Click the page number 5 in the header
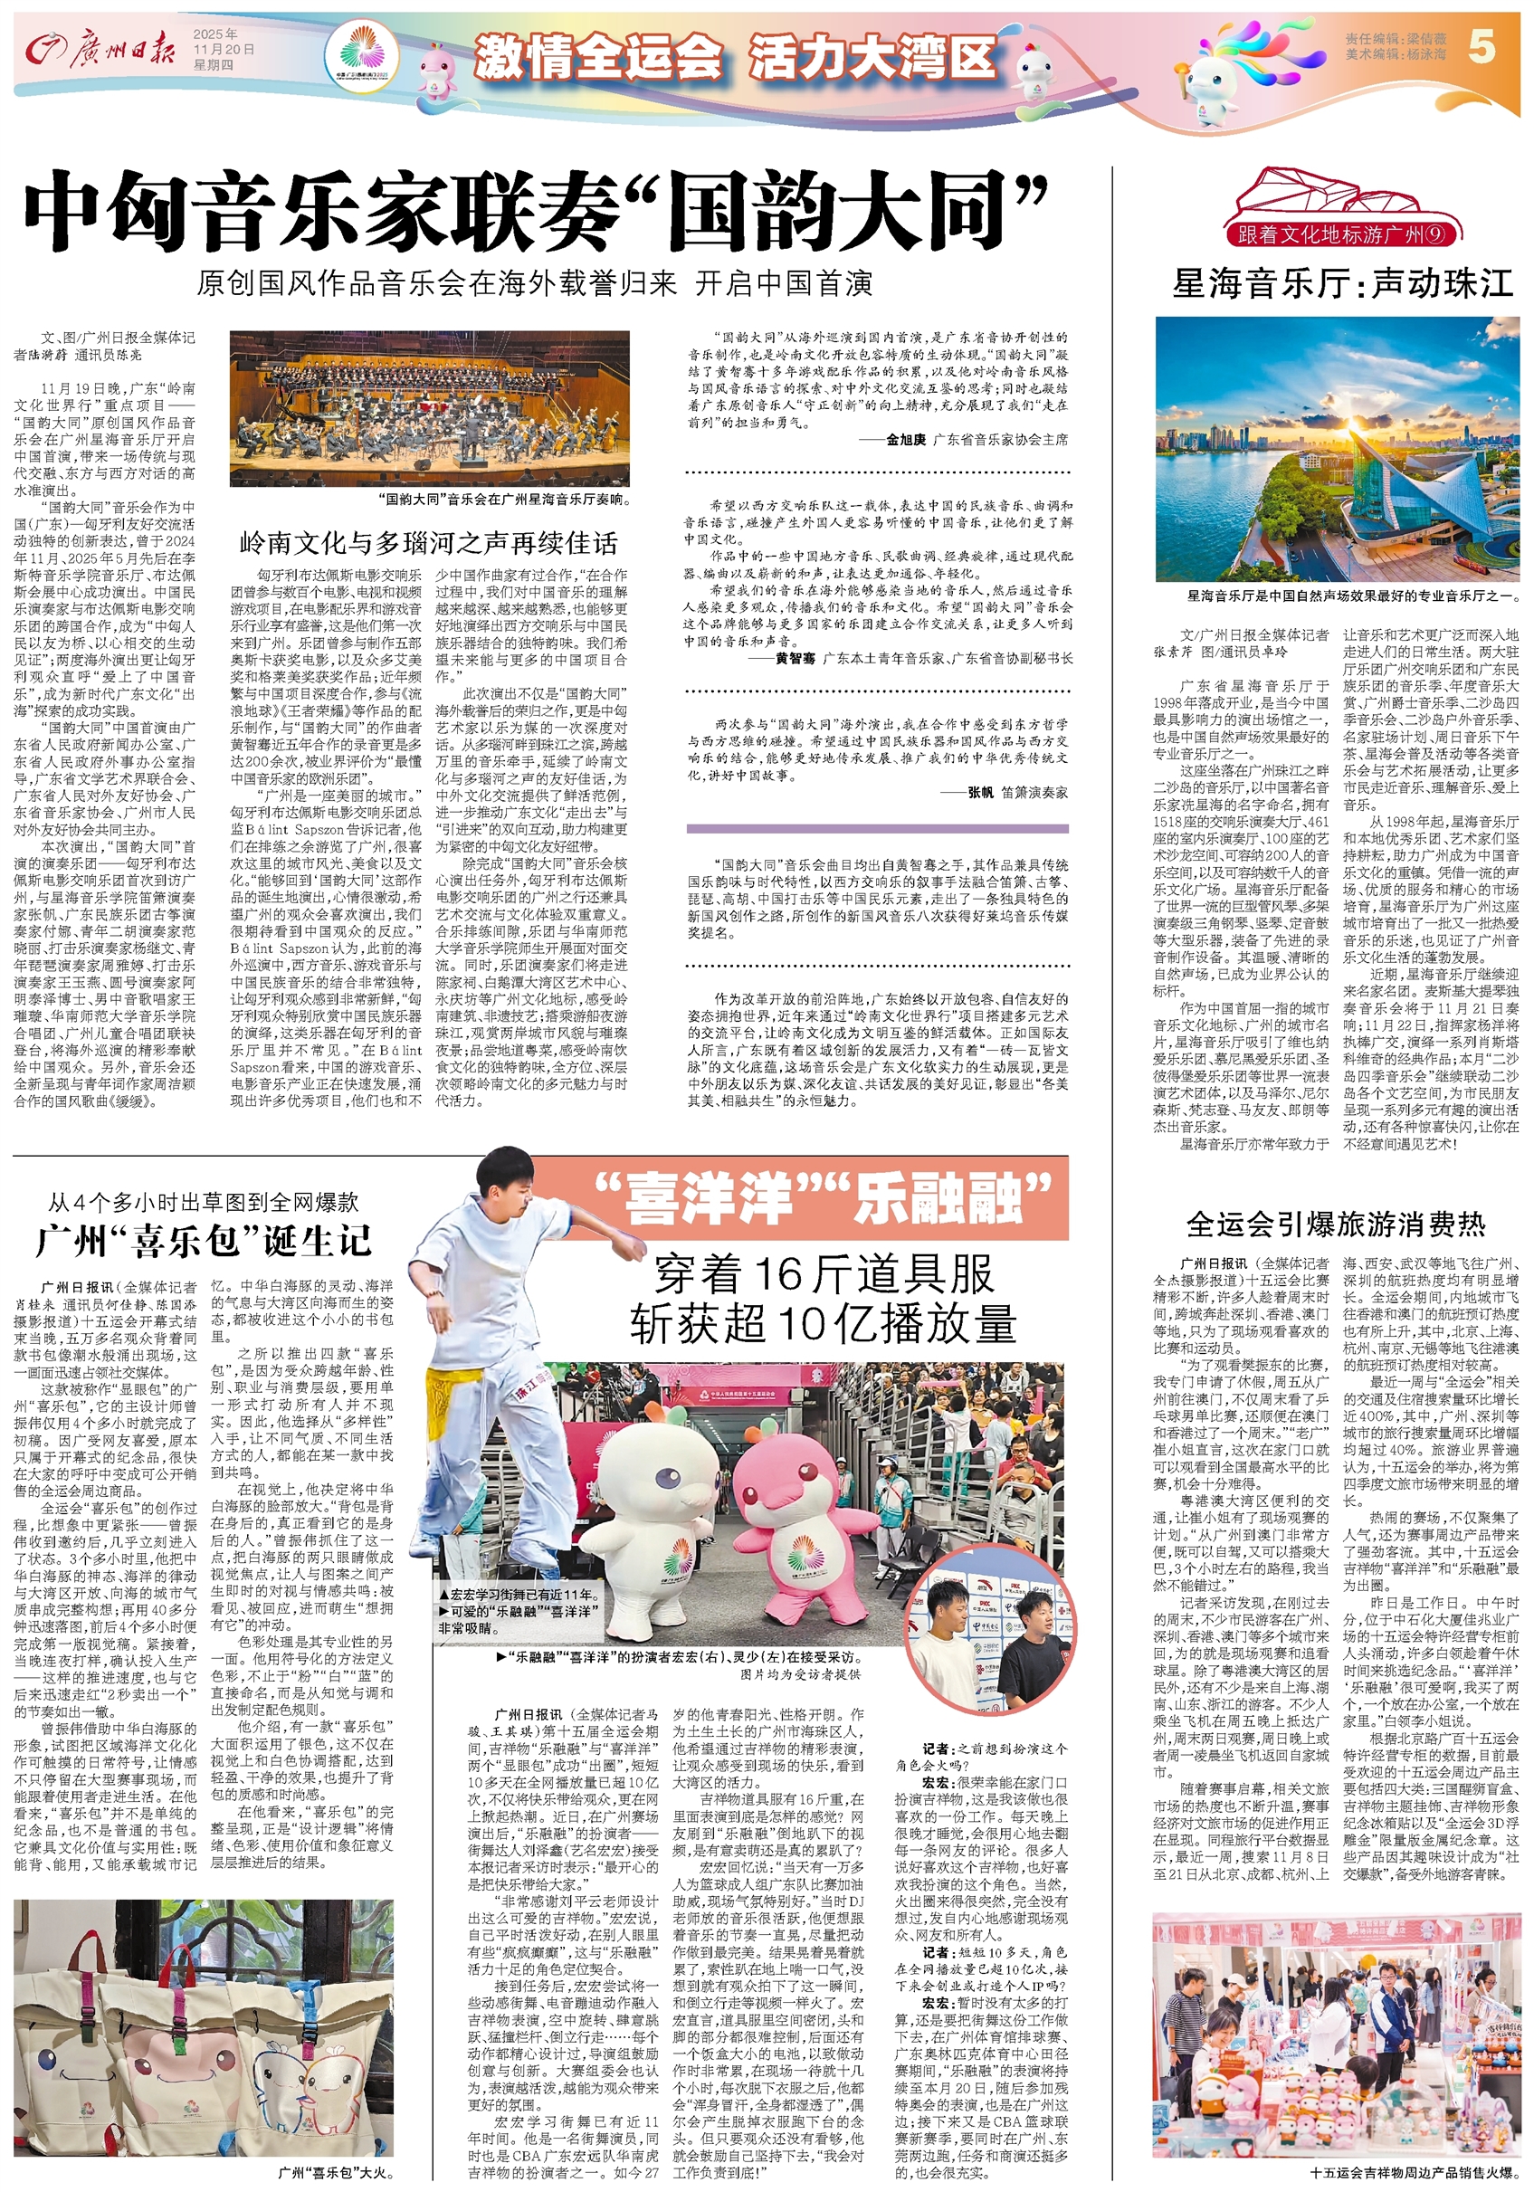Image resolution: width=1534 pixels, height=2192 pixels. click(x=1482, y=47)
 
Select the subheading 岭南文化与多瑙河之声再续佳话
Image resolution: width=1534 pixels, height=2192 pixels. click(x=429, y=543)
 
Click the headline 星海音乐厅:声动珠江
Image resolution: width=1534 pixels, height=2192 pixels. click(x=1343, y=283)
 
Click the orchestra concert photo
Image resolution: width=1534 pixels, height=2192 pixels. click(x=429, y=407)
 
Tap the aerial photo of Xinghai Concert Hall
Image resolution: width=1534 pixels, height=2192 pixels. click(x=1337, y=449)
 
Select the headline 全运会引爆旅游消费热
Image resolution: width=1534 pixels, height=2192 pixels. click(x=1336, y=1224)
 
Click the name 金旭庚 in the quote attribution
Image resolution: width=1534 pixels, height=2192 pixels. click(x=905, y=440)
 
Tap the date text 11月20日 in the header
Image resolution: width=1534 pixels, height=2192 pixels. click(x=224, y=49)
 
